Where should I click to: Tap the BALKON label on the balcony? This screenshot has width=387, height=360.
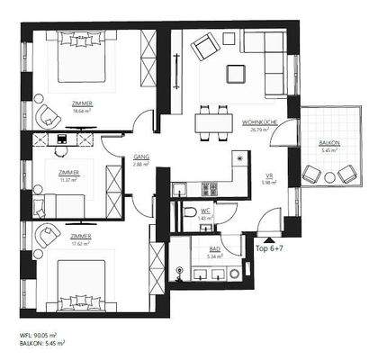329,144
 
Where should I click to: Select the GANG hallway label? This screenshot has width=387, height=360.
140,157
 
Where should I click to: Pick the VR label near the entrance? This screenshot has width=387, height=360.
268,176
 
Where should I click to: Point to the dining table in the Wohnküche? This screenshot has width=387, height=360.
211,121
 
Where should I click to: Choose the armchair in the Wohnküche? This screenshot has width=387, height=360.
204,46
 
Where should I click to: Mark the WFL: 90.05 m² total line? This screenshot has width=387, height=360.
43,334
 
